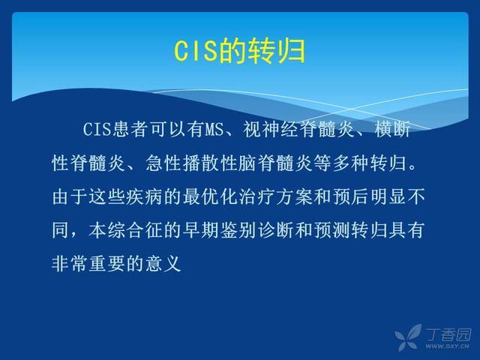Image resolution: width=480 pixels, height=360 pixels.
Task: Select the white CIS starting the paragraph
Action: (97, 129)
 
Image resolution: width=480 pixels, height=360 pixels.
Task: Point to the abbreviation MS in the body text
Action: (214, 129)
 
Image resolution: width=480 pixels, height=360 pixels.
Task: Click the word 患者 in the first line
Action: (130, 129)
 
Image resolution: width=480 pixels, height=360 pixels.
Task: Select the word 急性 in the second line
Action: (163, 163)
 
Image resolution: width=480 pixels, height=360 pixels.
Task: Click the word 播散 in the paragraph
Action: (201, 163)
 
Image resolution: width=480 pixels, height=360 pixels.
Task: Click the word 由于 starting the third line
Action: (70, 196)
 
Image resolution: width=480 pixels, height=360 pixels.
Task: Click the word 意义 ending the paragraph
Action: (163, 263)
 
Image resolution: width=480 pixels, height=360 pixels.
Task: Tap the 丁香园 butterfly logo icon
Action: (408, 337)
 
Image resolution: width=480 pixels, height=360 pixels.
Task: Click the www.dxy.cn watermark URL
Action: (447, 346)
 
